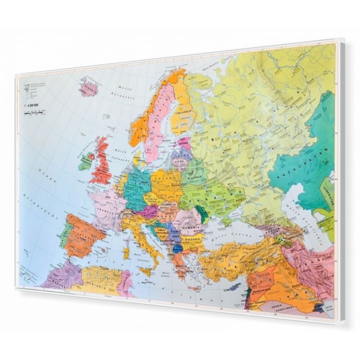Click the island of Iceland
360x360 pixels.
[88, 86]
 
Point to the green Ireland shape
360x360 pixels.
[85, 161]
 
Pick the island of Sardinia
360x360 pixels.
[126, 252]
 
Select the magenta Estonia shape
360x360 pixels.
[184, 143]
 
